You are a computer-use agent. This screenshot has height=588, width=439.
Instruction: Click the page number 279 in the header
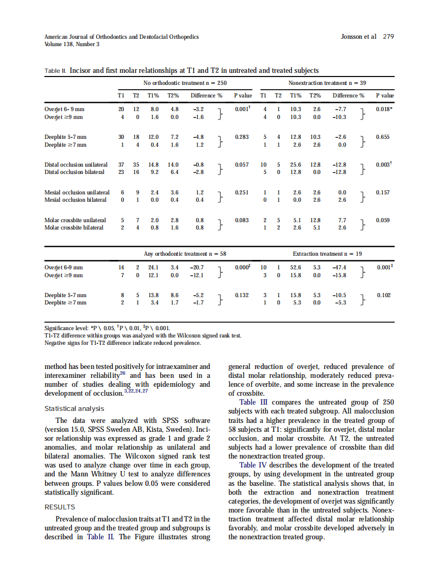tap(388, 37)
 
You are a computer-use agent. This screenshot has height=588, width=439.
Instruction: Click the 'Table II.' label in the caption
tap(56, 71)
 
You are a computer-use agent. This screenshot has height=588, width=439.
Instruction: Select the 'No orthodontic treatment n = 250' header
tap(185, 83)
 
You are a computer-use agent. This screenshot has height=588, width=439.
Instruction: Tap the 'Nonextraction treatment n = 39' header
tap(327, 83)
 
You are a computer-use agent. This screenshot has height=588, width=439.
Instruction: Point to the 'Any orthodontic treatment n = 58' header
tap(185, 254)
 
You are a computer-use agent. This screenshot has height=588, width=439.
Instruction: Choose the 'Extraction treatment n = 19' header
tap(327, 254)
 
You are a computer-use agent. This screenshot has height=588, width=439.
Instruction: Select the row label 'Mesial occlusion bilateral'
tap(75, 200)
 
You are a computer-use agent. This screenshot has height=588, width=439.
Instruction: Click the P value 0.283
tap(242, 137)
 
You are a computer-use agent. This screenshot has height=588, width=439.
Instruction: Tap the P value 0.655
tap(383, 137)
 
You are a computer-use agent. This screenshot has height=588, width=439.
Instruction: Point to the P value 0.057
tap(242, 165)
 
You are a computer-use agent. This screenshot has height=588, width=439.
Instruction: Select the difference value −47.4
tap(341, 267)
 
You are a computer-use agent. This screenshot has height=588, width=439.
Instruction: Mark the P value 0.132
tap(242, 296)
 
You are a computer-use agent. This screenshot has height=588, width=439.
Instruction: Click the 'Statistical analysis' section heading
tap(74, 409)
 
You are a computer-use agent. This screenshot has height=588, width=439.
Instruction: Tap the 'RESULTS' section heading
tap(60, 507)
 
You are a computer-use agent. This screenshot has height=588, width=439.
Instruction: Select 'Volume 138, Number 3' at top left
tap(72, 44)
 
